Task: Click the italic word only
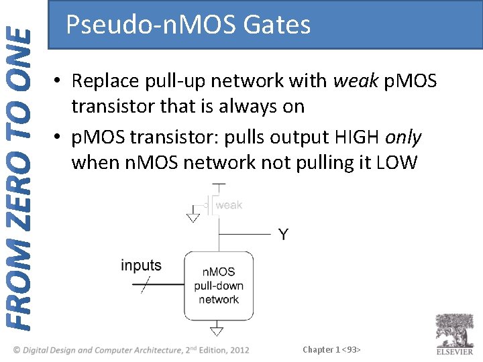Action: [x=403, y=137]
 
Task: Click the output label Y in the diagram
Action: [x=284, y=235]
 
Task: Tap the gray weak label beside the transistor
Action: [x=229, y=204]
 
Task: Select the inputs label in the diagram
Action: [x=141, y=265]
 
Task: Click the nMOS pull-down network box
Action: [x=219, y=286]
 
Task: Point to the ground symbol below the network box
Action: [x=217, y=330]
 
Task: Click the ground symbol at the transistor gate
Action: [x=193, y=217]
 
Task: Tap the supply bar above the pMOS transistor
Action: [x=219, y=184]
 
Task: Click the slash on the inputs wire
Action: [x=145, y=286]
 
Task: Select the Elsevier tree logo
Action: [x=454, y=330]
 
